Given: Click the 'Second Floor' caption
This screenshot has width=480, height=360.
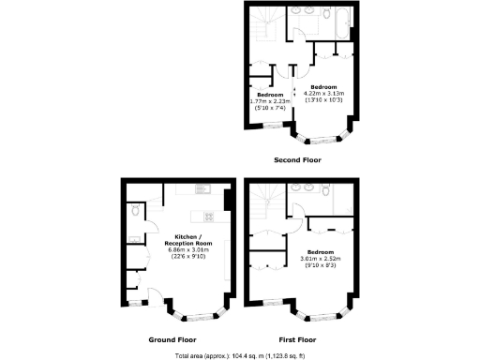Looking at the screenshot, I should (x=298, y=160).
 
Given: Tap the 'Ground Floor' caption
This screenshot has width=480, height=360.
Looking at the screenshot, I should (x=172, y=339).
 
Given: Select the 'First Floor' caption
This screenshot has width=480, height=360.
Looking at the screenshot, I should (x=298, y=339).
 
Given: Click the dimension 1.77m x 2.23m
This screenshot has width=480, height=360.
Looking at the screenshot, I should (x=272, y=100).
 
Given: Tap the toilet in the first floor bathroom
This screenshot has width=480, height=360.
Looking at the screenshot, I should (x=324, y=191).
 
